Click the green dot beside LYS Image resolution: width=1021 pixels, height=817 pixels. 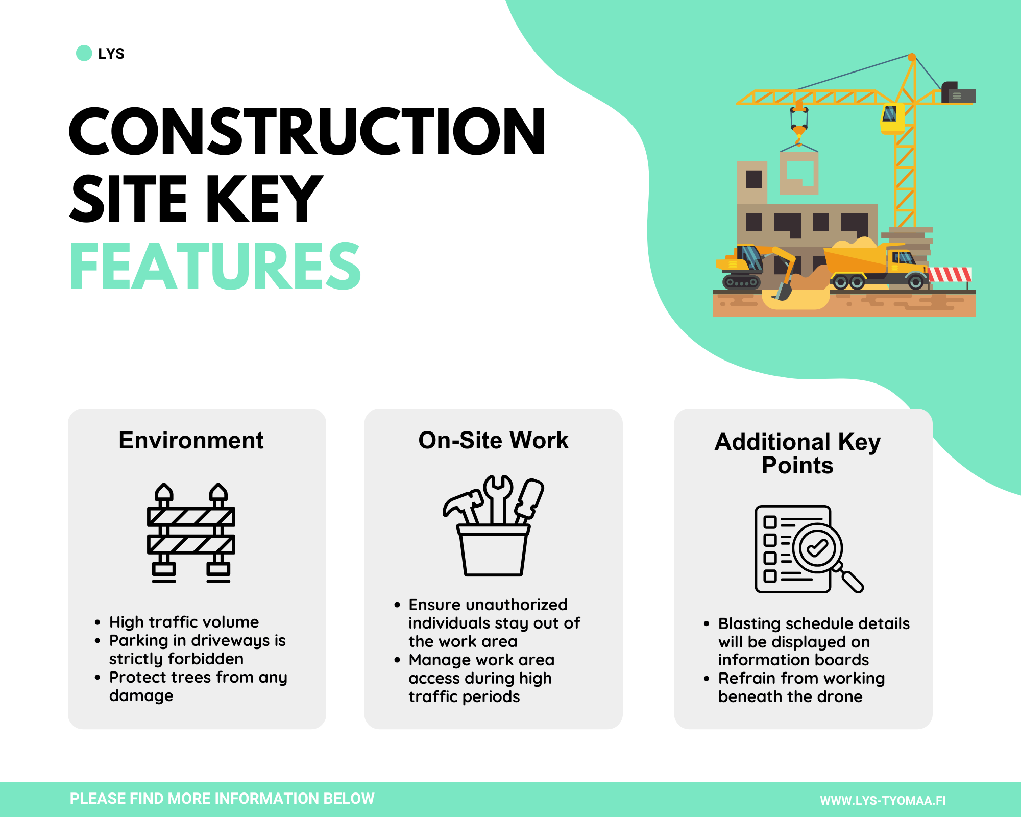84,53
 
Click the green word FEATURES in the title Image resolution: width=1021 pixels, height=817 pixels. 215,266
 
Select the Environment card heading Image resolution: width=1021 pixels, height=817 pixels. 191,440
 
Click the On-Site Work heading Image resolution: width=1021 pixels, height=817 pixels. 493,440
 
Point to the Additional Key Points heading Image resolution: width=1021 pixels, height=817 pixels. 797,453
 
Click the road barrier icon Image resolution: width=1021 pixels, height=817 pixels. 191,533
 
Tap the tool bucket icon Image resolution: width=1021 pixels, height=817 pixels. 493,526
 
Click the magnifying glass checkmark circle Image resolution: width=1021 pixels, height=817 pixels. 817,548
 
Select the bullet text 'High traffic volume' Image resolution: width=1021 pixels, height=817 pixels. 184,622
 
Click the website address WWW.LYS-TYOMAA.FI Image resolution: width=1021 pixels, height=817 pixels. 883,801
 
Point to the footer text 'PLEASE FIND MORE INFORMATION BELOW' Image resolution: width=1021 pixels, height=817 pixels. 222,799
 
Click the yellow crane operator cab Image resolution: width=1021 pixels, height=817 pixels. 892,118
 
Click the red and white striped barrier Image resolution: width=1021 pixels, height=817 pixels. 950,275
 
